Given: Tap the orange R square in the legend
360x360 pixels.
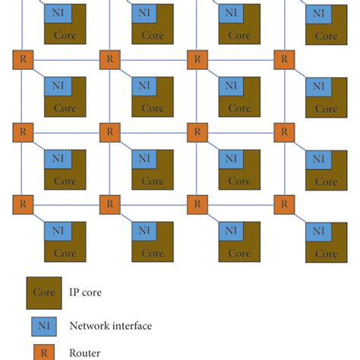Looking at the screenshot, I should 44,352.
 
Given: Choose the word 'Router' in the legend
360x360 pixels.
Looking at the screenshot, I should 85,352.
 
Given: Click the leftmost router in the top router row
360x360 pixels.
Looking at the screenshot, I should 23,58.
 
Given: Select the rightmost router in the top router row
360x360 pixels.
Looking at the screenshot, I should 284,58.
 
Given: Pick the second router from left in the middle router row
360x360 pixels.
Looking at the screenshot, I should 110,131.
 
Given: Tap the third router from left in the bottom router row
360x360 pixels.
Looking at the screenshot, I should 197,204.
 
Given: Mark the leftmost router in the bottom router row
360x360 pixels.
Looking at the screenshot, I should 23,204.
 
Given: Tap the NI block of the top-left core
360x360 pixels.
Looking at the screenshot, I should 55,13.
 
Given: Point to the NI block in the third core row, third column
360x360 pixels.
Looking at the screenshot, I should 229,159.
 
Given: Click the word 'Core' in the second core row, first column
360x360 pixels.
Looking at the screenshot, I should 65,109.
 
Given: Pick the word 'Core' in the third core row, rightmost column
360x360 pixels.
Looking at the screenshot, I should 327,182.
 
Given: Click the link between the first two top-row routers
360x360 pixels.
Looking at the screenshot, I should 67,58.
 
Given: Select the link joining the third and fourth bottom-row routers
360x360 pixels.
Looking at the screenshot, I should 241,204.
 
